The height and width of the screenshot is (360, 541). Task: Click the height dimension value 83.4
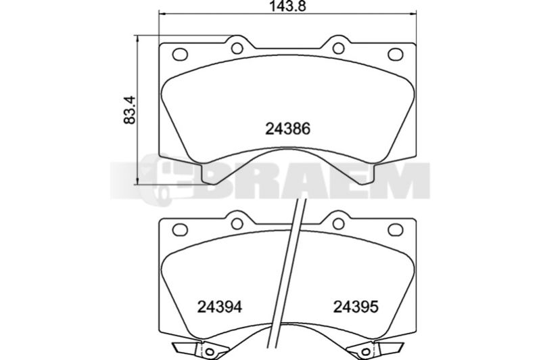129,110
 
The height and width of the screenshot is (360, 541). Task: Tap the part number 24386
288,129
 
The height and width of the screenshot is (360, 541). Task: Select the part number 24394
219,307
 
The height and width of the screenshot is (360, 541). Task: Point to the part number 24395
356,307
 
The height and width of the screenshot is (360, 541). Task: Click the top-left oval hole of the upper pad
180,54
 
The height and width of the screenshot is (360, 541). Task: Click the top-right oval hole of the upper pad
396,54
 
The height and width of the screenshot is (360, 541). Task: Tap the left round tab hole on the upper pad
237,48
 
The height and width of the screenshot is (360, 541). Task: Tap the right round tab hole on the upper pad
339,48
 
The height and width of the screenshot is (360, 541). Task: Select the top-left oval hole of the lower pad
180,229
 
